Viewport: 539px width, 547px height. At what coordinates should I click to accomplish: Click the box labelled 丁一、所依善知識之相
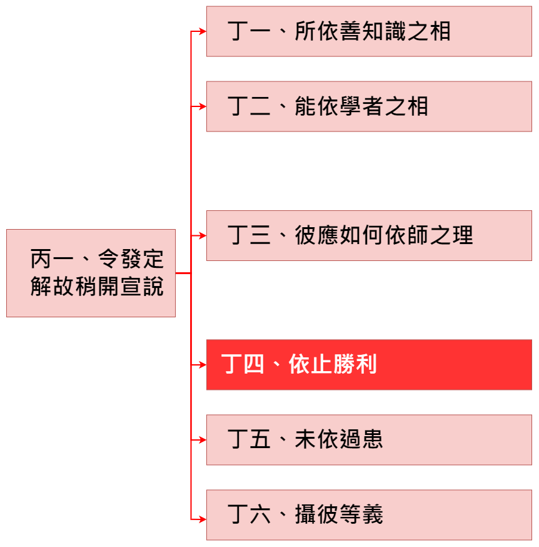click(x=369, y=31)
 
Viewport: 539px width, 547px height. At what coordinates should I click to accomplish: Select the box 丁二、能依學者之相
click(x=369, y=106)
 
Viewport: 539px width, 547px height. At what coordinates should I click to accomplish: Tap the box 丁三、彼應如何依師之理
click(x=369, y=235)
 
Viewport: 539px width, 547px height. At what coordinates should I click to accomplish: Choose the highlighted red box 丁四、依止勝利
click(x=369, y=364)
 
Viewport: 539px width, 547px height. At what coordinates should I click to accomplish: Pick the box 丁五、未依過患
click(x=369, y=439)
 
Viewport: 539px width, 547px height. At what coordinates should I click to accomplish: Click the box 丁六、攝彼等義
click(x=369, y=514)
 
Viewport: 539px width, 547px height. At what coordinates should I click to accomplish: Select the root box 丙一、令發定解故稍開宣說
click(x=91, y=273)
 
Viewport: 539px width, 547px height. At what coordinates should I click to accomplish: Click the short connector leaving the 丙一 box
click(x=183, y=273)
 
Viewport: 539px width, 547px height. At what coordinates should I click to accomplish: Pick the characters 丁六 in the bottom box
click(x=249, y=514)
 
